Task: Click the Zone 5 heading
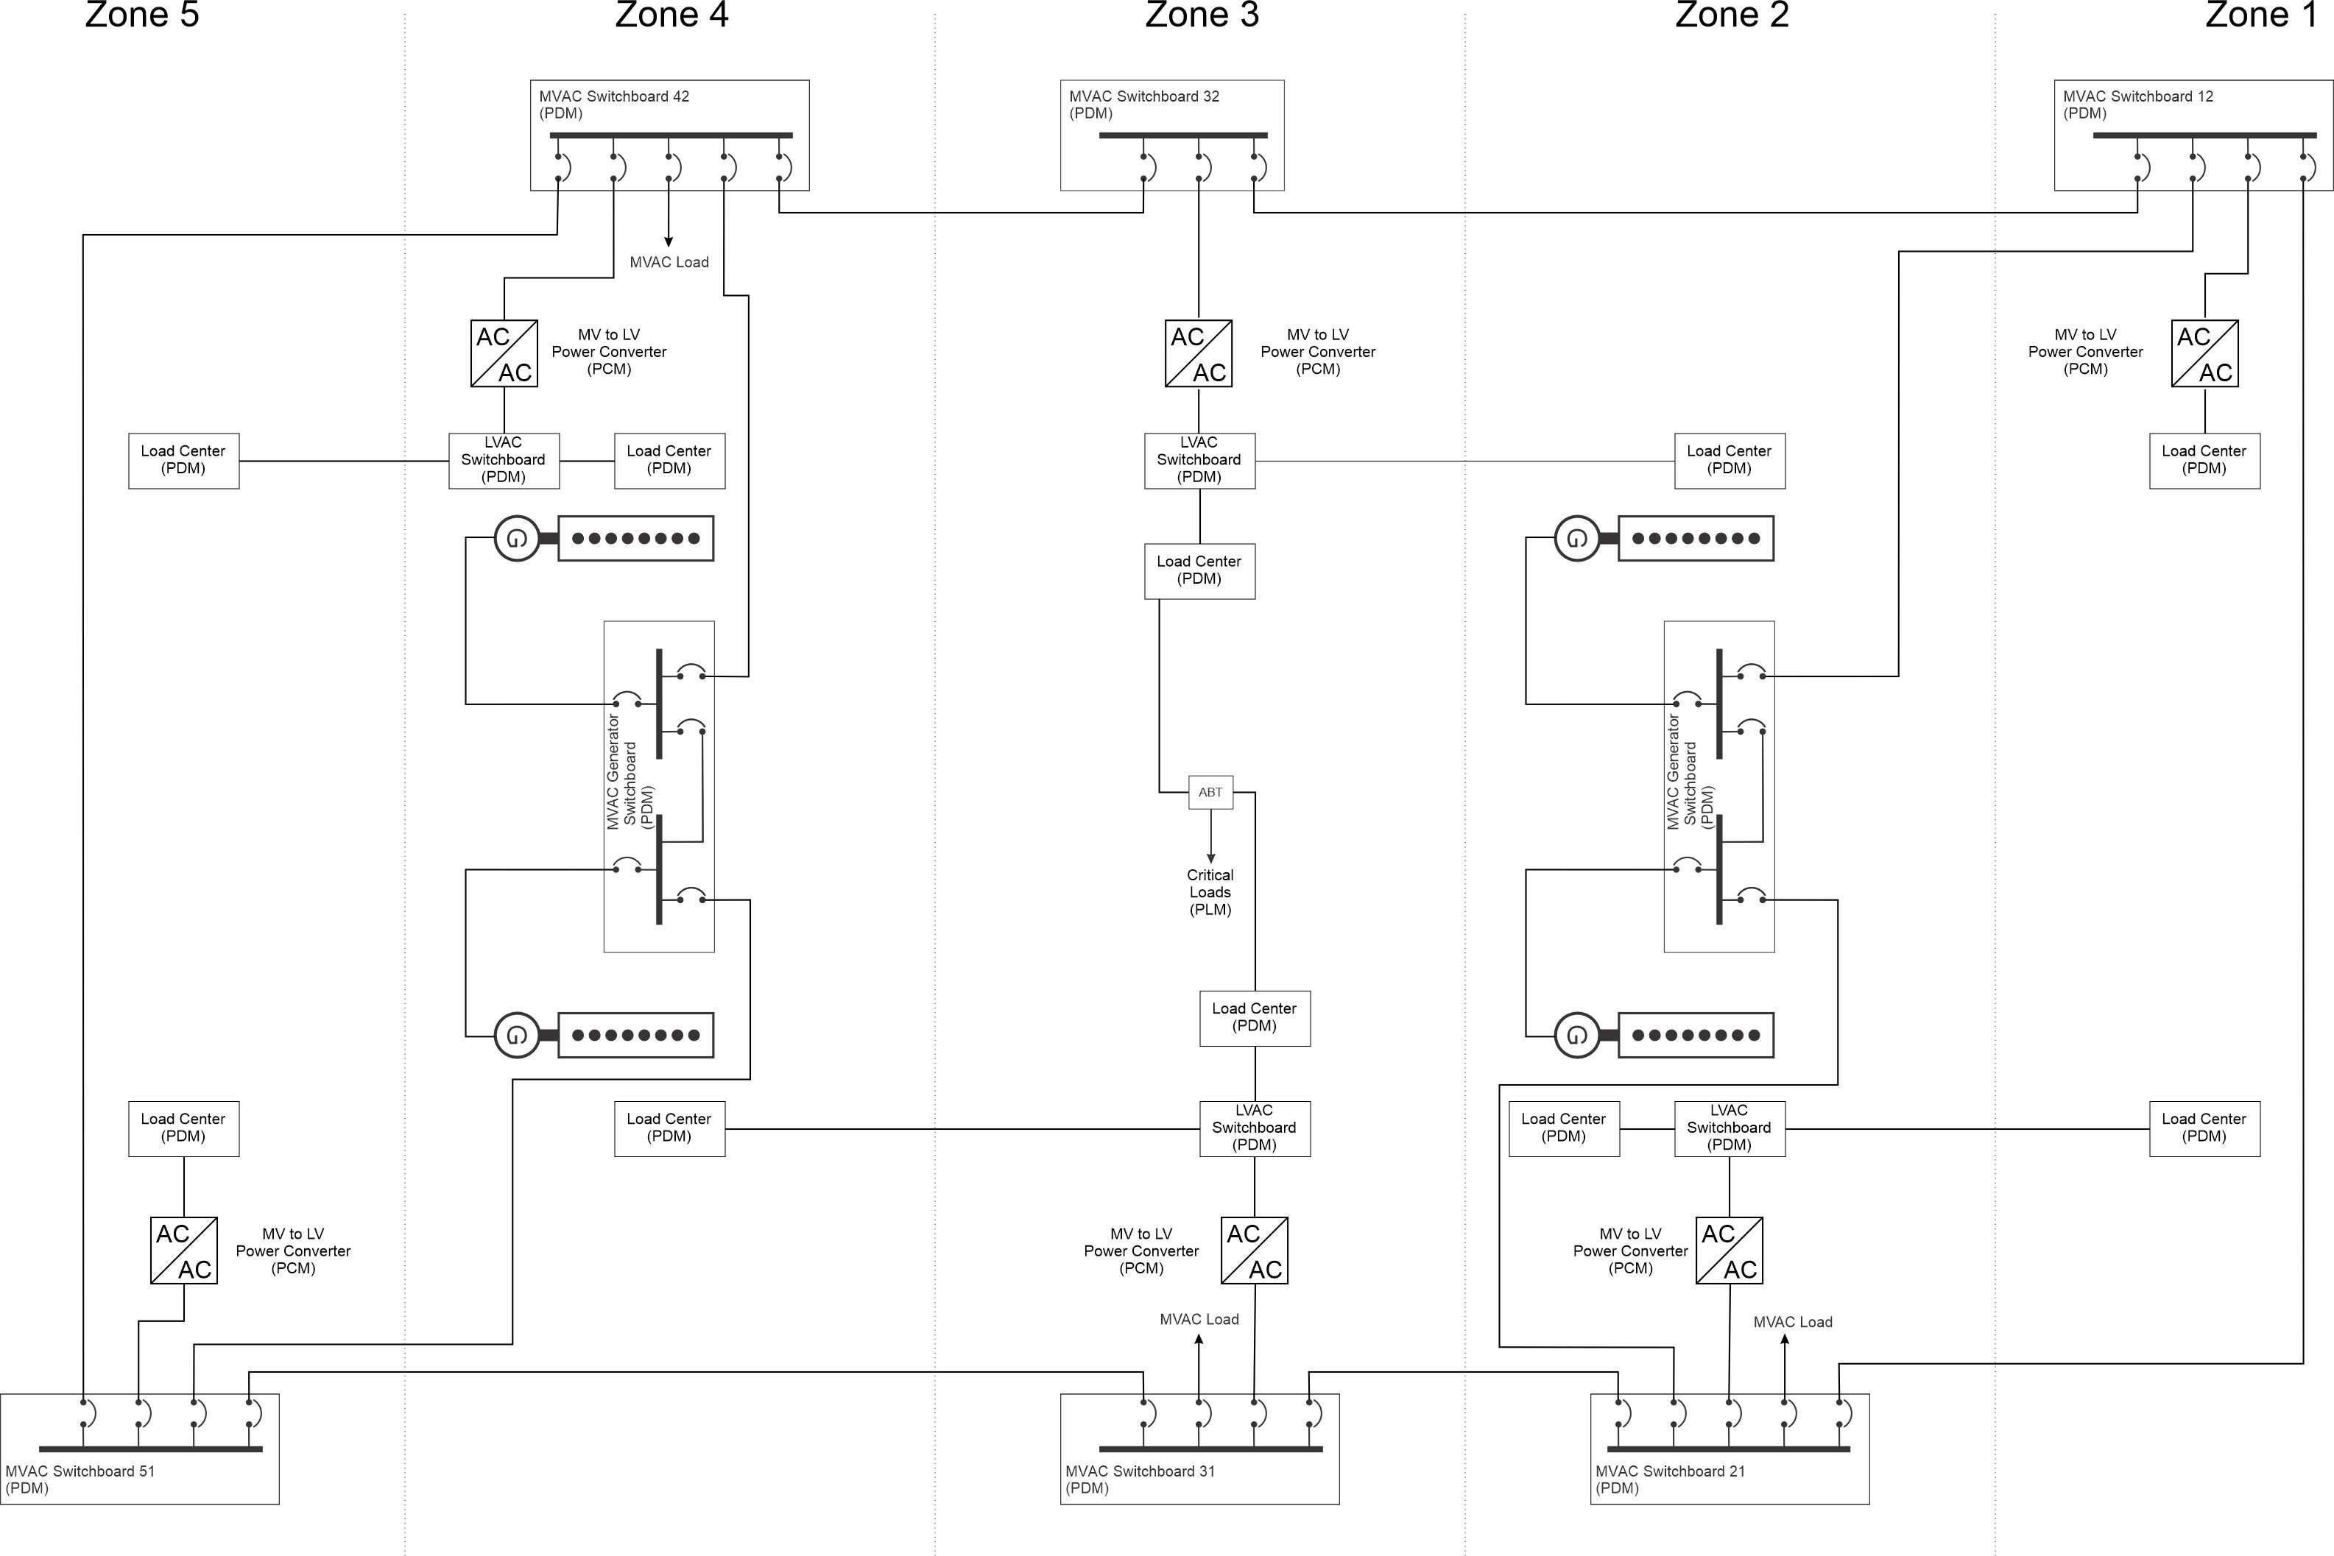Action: tap(142, 15)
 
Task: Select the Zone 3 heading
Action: tap(1202, 15)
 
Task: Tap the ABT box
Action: tap(1210, 792)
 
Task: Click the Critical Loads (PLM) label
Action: tap(1210, 892)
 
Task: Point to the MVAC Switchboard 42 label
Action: tap(613, 105)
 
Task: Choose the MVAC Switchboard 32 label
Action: tap(1144, 105)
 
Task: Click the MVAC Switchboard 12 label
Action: tap(2138, 105)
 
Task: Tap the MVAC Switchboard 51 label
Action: tap(80, 1479)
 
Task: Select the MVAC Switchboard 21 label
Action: tap(1670, 1479)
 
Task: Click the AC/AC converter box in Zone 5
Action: tap(183, 1251)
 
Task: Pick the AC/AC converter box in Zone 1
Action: tap(2205, 353)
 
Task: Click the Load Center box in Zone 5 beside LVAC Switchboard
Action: tap(183, 461)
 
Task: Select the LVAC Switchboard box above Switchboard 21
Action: tap(1730, 1128)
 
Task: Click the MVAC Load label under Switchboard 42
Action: tap(669, 262)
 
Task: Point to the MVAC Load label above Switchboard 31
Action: tap(1199, 1319)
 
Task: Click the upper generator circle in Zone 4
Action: tap(517, 539)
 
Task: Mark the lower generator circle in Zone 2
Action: tap(1577, 1035)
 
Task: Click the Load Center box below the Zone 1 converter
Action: tap(2205, 461)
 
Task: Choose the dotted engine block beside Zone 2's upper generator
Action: tap(1696, 539)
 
